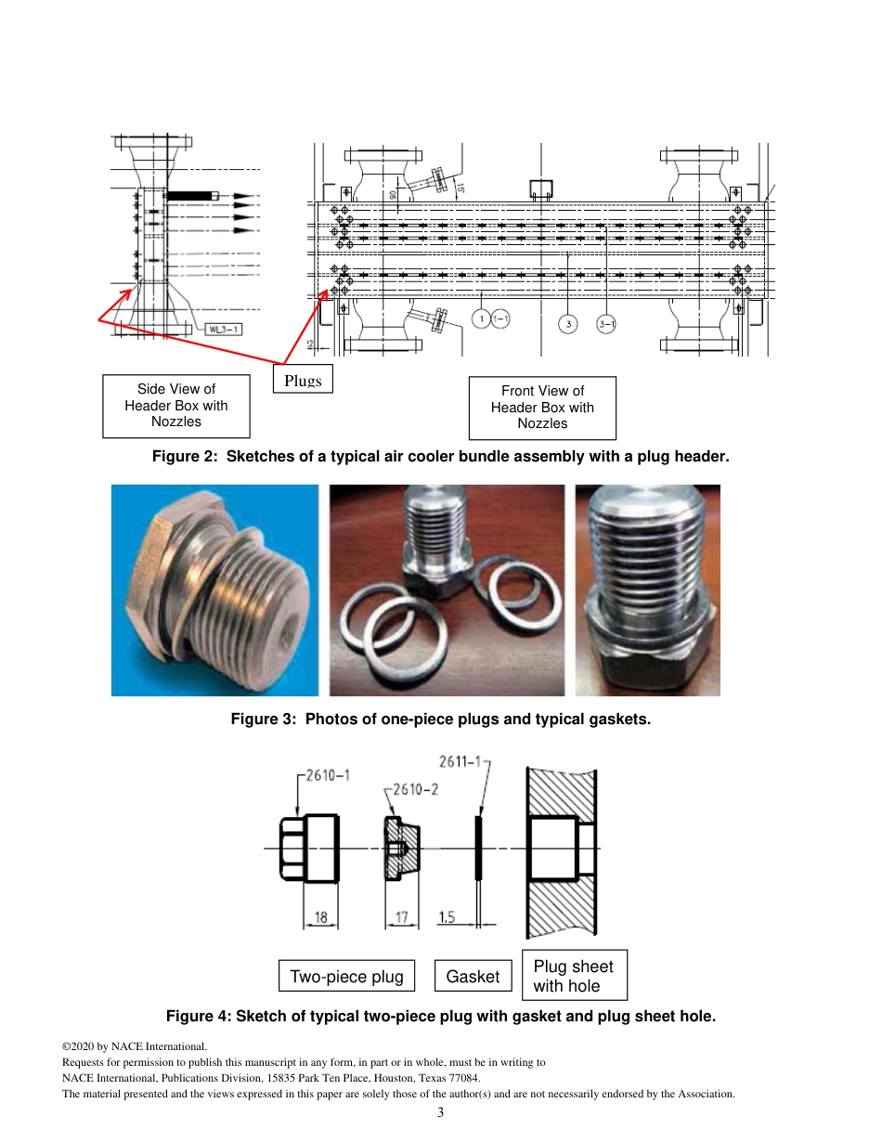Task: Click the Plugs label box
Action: (x=303, y=380)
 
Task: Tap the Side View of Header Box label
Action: (x=176, y=406)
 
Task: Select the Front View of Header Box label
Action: (x=542, y=408)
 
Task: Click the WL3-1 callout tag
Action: (x=223, y=329)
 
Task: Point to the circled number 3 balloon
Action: (x=568, y=323)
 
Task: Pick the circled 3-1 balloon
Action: (x=606, y=323)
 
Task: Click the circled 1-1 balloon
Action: (x=500, y=319)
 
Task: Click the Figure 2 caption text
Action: (x=440, y=458)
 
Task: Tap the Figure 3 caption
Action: (x=440, y=719)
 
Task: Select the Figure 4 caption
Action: (x=440, y=1016)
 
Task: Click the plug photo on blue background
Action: (x=214, y=590)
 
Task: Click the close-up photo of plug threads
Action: (x=647, y=590)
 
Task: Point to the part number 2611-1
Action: (x=461, y=762)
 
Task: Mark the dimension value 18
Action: (x=321, y=917)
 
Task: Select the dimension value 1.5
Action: (x=447, y=917)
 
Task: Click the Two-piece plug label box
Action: (x=346, y=976)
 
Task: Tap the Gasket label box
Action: (x=473, y=976)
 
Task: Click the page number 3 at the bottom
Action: (x=441, y=1113)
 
